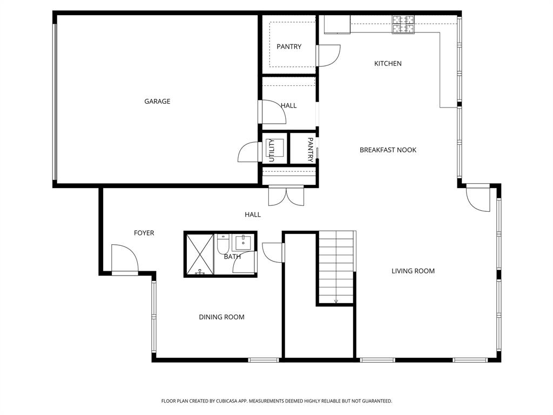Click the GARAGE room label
[x=157, y=101]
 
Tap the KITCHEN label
[x=388, y=64]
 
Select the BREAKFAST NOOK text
[x=388, y=150]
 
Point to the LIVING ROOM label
[x=413, y=271]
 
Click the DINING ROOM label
[x=221, y=317]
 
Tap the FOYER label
[x=144, y=233]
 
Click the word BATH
[x=232, y=257]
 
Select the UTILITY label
[x=271, y=150]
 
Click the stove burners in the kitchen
[x=403, y=25]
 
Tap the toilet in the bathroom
[x=223, y=244]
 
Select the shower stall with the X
[x=200, y=254]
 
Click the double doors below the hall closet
[x=286, y=196]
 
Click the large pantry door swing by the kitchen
[x=329, y=56]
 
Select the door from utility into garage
[x=248, y=152]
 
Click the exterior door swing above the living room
[x=478, y=198]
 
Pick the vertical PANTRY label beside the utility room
[x=311, y=150]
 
